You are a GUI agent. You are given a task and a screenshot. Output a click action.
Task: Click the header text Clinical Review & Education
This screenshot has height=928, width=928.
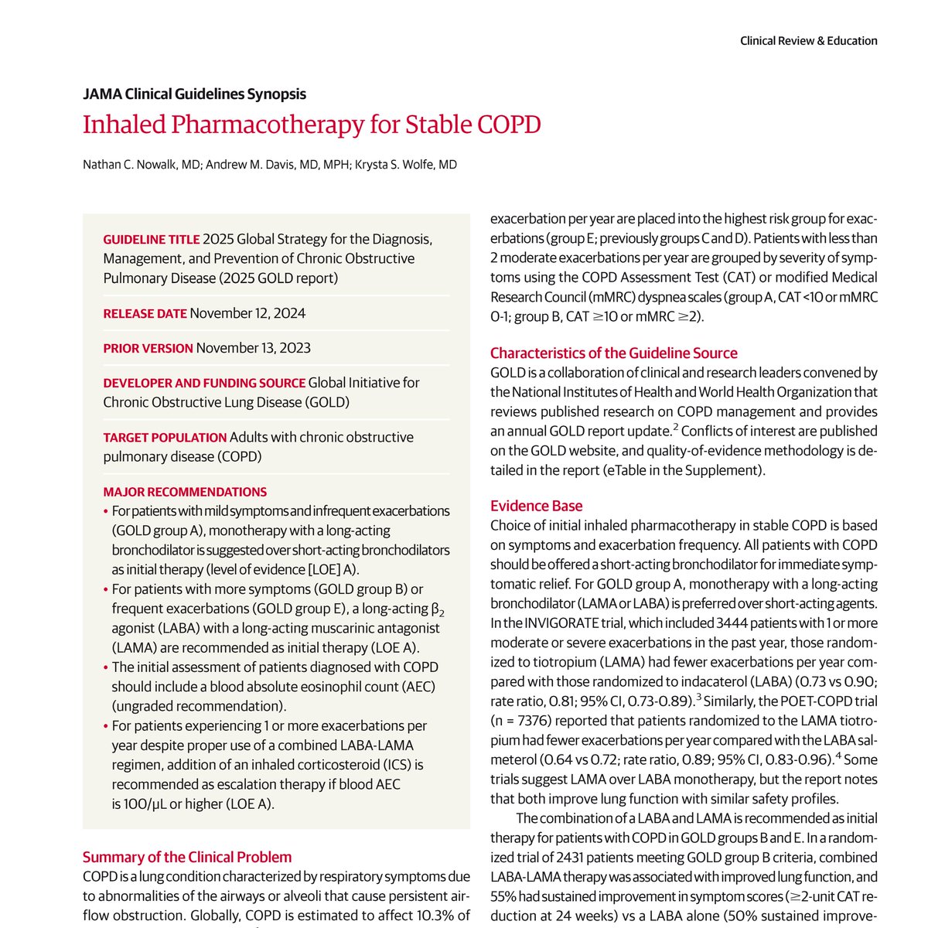click(808, 41)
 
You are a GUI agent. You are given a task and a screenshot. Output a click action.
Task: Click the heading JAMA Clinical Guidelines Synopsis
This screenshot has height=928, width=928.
click(194, 94)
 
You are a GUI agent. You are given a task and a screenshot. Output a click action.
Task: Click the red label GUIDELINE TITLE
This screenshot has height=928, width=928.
click(151, 239)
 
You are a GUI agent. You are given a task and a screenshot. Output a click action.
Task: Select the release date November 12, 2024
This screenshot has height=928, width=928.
click(247, 313)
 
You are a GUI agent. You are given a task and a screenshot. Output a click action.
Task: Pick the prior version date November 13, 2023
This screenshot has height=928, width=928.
click(253, 348)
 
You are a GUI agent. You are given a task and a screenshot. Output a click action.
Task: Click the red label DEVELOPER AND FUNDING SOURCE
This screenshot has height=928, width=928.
click(204, 383)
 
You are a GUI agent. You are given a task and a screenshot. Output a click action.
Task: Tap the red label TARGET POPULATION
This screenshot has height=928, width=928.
click(165, 437)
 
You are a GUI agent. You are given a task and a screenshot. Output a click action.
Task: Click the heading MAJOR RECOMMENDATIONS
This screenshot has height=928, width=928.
click(185, 492)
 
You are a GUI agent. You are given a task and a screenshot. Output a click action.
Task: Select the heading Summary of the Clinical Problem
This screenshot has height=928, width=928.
click(187, 857)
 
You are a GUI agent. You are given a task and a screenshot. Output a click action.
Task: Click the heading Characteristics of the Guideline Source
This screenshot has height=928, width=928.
click(613, 353)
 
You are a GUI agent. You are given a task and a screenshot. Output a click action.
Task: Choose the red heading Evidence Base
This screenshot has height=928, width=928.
click(536, 506)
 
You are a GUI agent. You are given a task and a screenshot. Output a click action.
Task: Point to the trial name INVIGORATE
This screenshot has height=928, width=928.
click(561, 623)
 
